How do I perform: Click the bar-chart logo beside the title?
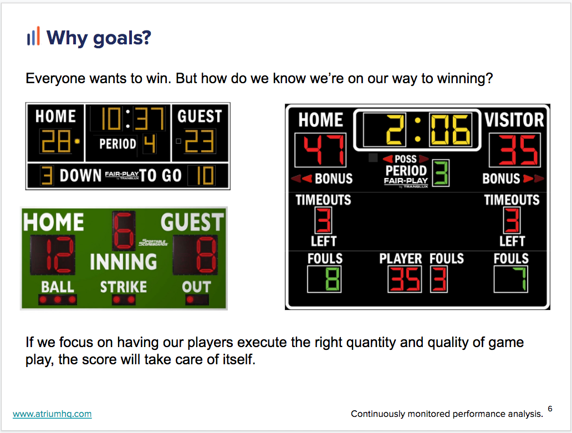click(33, 36)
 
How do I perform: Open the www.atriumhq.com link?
click(52, 414)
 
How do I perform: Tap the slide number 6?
click(550, 409)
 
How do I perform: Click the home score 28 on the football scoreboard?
click(56, 141)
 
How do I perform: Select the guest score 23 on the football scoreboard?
click(199, 141)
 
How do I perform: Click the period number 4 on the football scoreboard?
click(150, 144)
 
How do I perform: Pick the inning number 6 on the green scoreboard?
click(124, 231)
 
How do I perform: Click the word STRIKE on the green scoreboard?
click(124, 287)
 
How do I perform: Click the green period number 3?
click(441, 173)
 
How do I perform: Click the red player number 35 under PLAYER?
click(405, 279)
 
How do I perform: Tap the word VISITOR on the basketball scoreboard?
click(514, 120)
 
